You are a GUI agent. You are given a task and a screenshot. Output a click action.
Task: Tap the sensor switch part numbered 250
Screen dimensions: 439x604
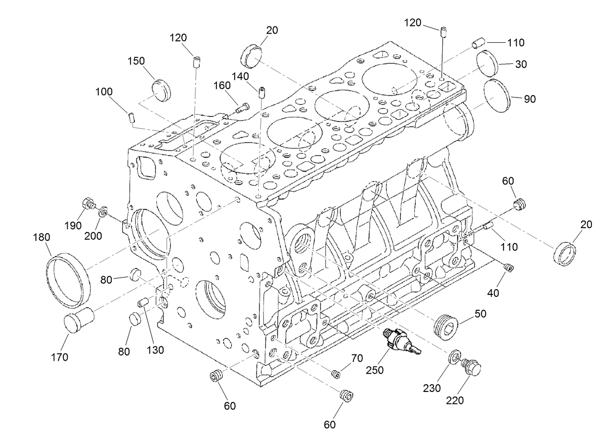[x=399, y=341]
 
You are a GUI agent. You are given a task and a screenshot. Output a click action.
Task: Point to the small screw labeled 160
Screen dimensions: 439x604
[x=242, y=108]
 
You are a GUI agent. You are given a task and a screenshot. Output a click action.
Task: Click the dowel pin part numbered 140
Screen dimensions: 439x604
[x=262, y=92]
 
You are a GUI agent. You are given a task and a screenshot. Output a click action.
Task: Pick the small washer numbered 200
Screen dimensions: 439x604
[x=103, y=211]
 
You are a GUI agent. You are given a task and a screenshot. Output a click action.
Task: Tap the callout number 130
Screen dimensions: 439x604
[x=156, y=350]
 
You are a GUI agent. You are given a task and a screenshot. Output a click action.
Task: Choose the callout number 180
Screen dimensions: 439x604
[x=42, y=237]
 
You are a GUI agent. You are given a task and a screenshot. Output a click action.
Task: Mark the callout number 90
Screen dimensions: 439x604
[x=530, y=99]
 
